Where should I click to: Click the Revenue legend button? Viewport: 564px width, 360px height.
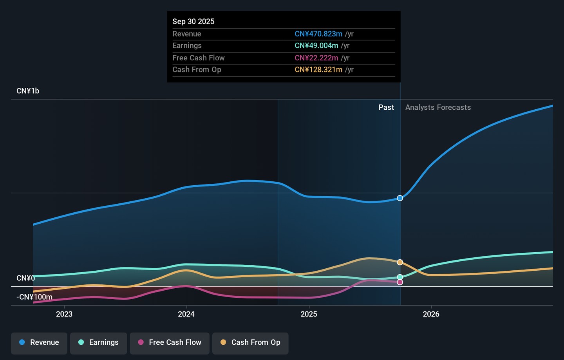[39, 344]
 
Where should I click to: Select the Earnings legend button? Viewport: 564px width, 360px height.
[98, 344]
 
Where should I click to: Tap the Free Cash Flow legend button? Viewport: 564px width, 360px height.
[170, 344]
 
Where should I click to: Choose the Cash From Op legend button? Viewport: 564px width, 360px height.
[250, 344]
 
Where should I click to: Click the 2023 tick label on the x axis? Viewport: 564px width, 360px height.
[64, 314]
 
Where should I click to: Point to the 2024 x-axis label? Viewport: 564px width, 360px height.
[186, 314]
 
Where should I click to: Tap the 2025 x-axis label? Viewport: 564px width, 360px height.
[309, 314]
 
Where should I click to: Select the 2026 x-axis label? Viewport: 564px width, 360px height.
[431, 314]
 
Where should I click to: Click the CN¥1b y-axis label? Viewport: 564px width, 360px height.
[28, 91]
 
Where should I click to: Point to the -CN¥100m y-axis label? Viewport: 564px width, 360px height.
[34, 297]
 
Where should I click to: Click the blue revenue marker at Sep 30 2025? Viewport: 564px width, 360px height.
[400, 198]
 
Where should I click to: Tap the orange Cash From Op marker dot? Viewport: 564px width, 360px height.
[400, 262]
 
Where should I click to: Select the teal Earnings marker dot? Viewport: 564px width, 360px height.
[400, 277]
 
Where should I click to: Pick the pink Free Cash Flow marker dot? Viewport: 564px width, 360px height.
[400, 282]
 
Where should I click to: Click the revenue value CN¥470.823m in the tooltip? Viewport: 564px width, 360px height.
[318, 34]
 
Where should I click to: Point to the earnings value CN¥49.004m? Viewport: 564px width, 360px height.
[316, 45]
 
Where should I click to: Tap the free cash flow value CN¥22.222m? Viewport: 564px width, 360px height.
[316, 58]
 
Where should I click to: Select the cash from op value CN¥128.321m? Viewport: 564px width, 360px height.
[318, 69]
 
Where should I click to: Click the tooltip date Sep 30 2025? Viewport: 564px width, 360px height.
[193, 22]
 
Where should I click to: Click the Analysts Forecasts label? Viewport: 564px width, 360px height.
[438, 107]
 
